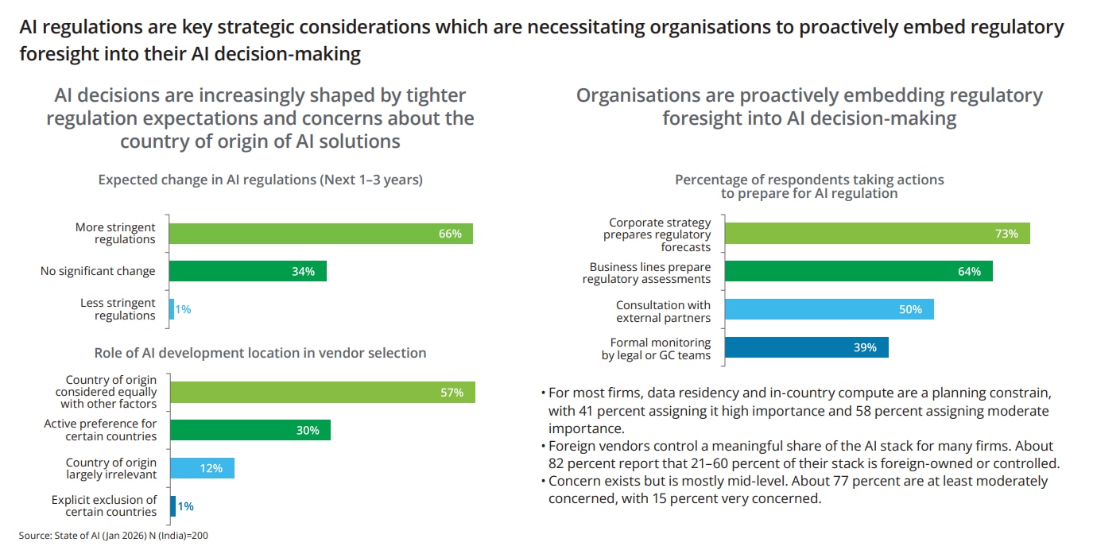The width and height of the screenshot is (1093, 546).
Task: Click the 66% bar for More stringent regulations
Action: click(x=321, y=234)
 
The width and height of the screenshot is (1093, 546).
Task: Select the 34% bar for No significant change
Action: click(x=248, y=271)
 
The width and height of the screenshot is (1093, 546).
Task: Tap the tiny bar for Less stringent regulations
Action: click(x=171, y=309)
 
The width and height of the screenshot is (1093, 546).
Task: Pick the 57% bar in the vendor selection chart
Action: click(x=322, y=392)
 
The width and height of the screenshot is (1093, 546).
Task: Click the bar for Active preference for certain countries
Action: click(x=250, y=430)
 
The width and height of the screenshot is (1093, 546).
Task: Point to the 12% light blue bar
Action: click(x=202, y=468)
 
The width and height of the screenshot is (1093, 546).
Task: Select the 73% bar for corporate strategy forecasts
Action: click(x=878, y=234)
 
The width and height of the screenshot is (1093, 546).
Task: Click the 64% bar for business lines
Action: click(x=859, y=271)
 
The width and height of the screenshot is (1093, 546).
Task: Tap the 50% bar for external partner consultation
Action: click(x=829, y=309)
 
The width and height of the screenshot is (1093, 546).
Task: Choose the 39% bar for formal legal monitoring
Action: click(x=807, y=347)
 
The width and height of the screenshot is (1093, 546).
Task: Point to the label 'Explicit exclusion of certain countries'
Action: click(x=104, y=506)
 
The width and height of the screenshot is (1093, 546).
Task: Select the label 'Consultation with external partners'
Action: click(x=663, y=312)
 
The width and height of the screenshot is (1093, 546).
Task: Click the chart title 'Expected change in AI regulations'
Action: click(x=260, y=180)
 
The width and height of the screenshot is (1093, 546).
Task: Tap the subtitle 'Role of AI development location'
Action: click(x=260, y=353)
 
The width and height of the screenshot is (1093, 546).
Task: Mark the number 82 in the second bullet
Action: click(x=556, y=463)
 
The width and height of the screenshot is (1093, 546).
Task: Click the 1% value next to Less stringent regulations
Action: click(x=184, y=309)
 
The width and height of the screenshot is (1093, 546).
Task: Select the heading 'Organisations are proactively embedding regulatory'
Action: click(x=809, y=96)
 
